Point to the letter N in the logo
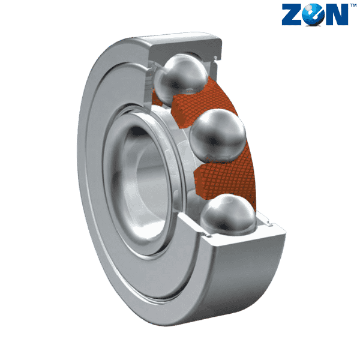point(336,16)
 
